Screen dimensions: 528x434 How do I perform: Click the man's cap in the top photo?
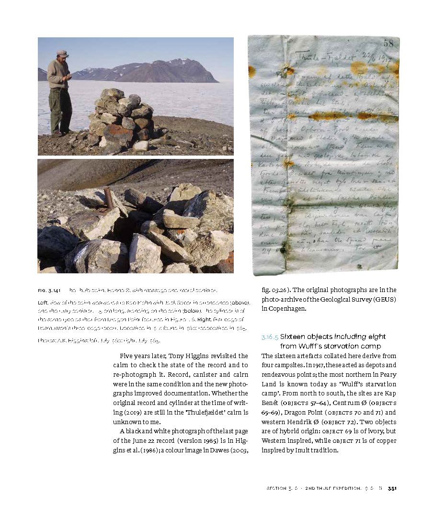[x=62, y=53]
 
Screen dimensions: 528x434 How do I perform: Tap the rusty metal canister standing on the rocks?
[x=109, y=198]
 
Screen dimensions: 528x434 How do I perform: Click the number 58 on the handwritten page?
[x=388, y=44]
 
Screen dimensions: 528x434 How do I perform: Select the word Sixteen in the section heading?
[x=293, y=337]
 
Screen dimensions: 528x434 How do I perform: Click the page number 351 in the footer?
[x=392, y=488]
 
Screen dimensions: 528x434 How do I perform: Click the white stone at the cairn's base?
[x=142, y=146]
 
